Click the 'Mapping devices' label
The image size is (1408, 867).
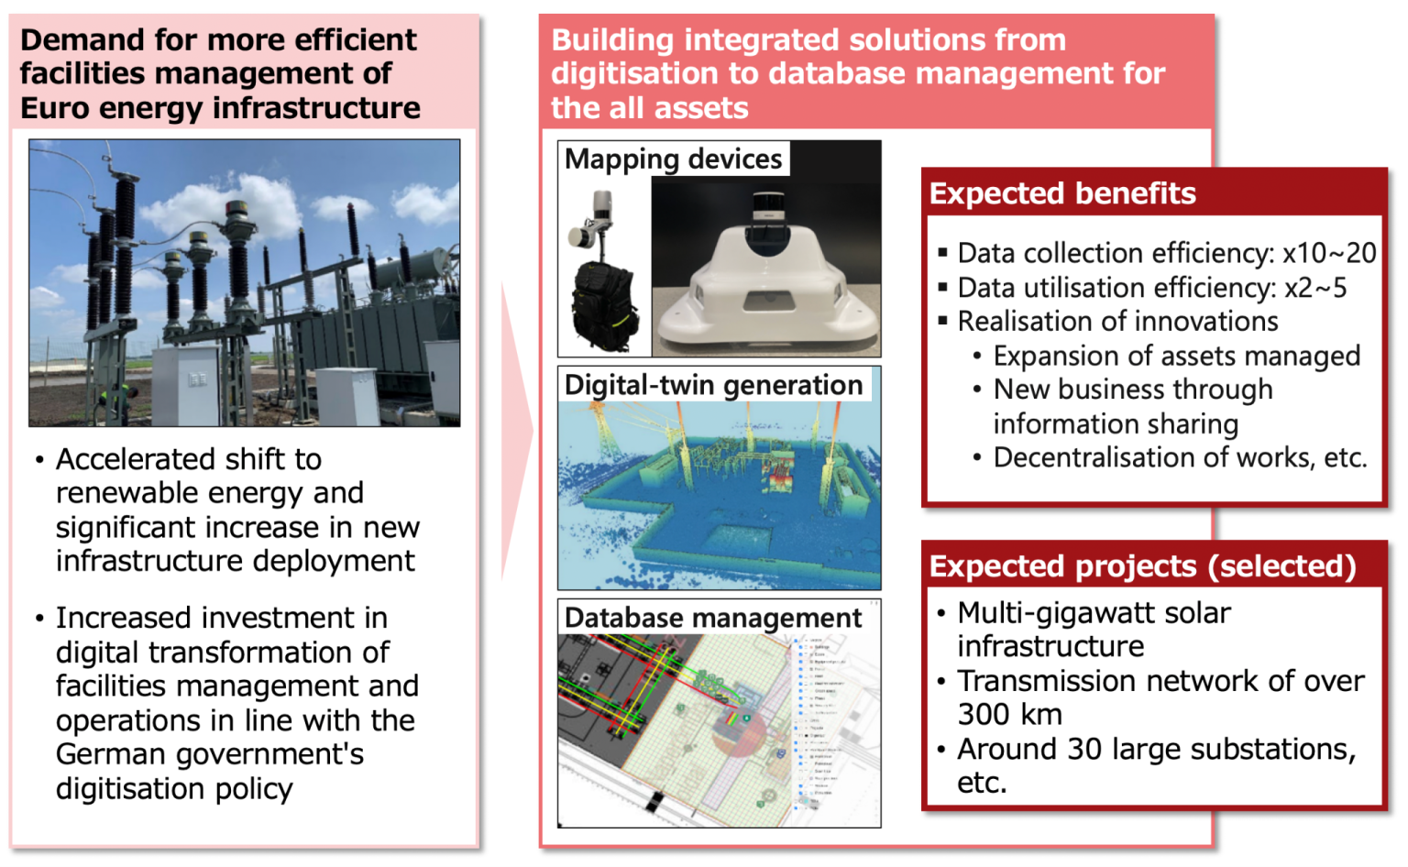(x=673, y=159)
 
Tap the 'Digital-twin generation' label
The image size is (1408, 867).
(x=713, y=385)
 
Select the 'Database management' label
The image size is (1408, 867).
(x=712, y=618)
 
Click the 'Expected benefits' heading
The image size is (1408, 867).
(x=1062, y=193)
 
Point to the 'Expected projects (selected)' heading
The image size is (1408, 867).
(x=1142, y=566)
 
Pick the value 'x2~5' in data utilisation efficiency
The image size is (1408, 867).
(x=1315, y=288)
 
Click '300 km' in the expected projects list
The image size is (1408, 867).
(x=1009, y=714)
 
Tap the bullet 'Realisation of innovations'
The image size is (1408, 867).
(x=1117, y=322)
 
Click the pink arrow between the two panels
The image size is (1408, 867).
(x=516, y=431)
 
